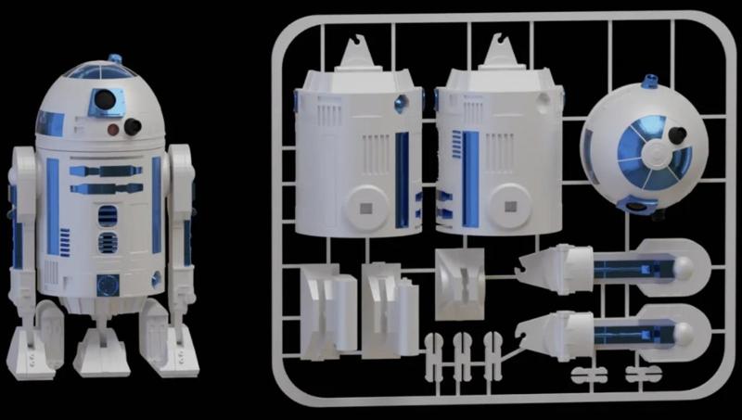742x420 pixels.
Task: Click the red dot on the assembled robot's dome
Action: point(113,128)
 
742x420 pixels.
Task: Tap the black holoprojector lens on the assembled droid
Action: point(133,125)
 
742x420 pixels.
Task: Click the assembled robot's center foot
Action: point(100,348)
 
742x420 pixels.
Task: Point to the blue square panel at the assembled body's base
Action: point(108,284)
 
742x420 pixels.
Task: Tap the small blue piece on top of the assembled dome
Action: point(115,59)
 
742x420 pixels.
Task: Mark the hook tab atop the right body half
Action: point(502,50)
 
